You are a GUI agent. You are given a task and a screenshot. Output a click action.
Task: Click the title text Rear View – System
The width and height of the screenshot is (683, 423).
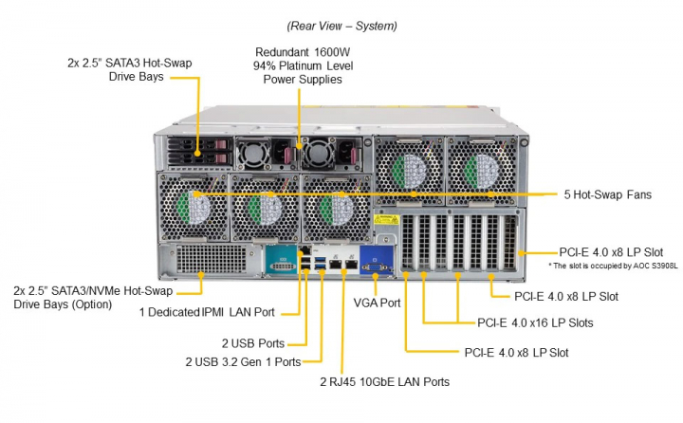(341, 26)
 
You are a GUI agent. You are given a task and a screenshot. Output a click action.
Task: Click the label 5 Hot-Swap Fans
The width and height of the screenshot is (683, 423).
(605, 194)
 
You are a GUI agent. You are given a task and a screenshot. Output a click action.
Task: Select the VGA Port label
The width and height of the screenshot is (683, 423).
(377, 303)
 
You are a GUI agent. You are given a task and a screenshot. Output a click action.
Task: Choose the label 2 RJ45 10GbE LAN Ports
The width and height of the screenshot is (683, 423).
(383, 382)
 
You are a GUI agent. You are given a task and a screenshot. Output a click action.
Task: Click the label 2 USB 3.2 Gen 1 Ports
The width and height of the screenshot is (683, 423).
(242, 361)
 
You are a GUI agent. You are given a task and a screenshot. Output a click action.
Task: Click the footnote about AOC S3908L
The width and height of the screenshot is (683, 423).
(607, 266)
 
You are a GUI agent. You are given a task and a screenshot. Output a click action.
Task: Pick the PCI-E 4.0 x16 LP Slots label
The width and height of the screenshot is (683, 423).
(535, 322)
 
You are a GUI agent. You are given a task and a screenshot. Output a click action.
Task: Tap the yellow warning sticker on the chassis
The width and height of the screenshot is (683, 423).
(384, 222)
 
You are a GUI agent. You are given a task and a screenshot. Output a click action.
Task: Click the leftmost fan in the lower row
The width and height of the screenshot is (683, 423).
(194, 205)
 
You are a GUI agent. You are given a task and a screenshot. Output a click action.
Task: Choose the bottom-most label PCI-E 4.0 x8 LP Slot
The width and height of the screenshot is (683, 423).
(516, 352)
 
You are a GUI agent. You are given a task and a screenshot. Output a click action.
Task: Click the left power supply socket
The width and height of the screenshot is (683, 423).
(254, 151)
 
